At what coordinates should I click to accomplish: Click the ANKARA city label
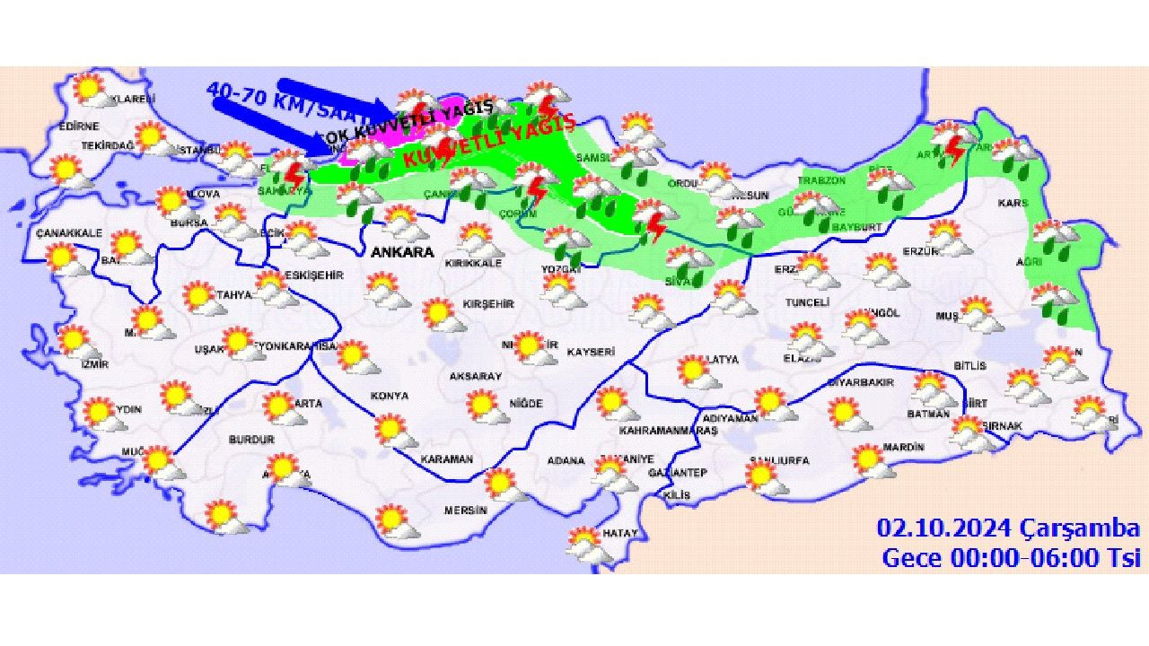pos(401,252)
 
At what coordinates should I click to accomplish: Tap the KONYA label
pos(389,396)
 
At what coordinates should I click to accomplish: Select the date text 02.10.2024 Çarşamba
pos(1008,528)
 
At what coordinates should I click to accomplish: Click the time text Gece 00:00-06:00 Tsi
pos(1011,557)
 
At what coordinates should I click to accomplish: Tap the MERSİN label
pos(465,511)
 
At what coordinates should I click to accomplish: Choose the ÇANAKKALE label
pos(69,233)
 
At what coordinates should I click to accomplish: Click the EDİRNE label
pos(79,127)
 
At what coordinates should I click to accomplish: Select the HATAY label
pos(619,533)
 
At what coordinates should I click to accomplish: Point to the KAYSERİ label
pos(590,352)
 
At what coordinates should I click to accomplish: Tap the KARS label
pos(1013,204)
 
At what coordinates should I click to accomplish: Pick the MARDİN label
pos(903,447)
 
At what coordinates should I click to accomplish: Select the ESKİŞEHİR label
pos(312,275)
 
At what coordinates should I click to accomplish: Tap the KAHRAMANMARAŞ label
pos(668,431)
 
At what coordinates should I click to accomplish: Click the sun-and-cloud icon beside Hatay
pos(585,544)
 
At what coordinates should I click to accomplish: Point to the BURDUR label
pos(251,441)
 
